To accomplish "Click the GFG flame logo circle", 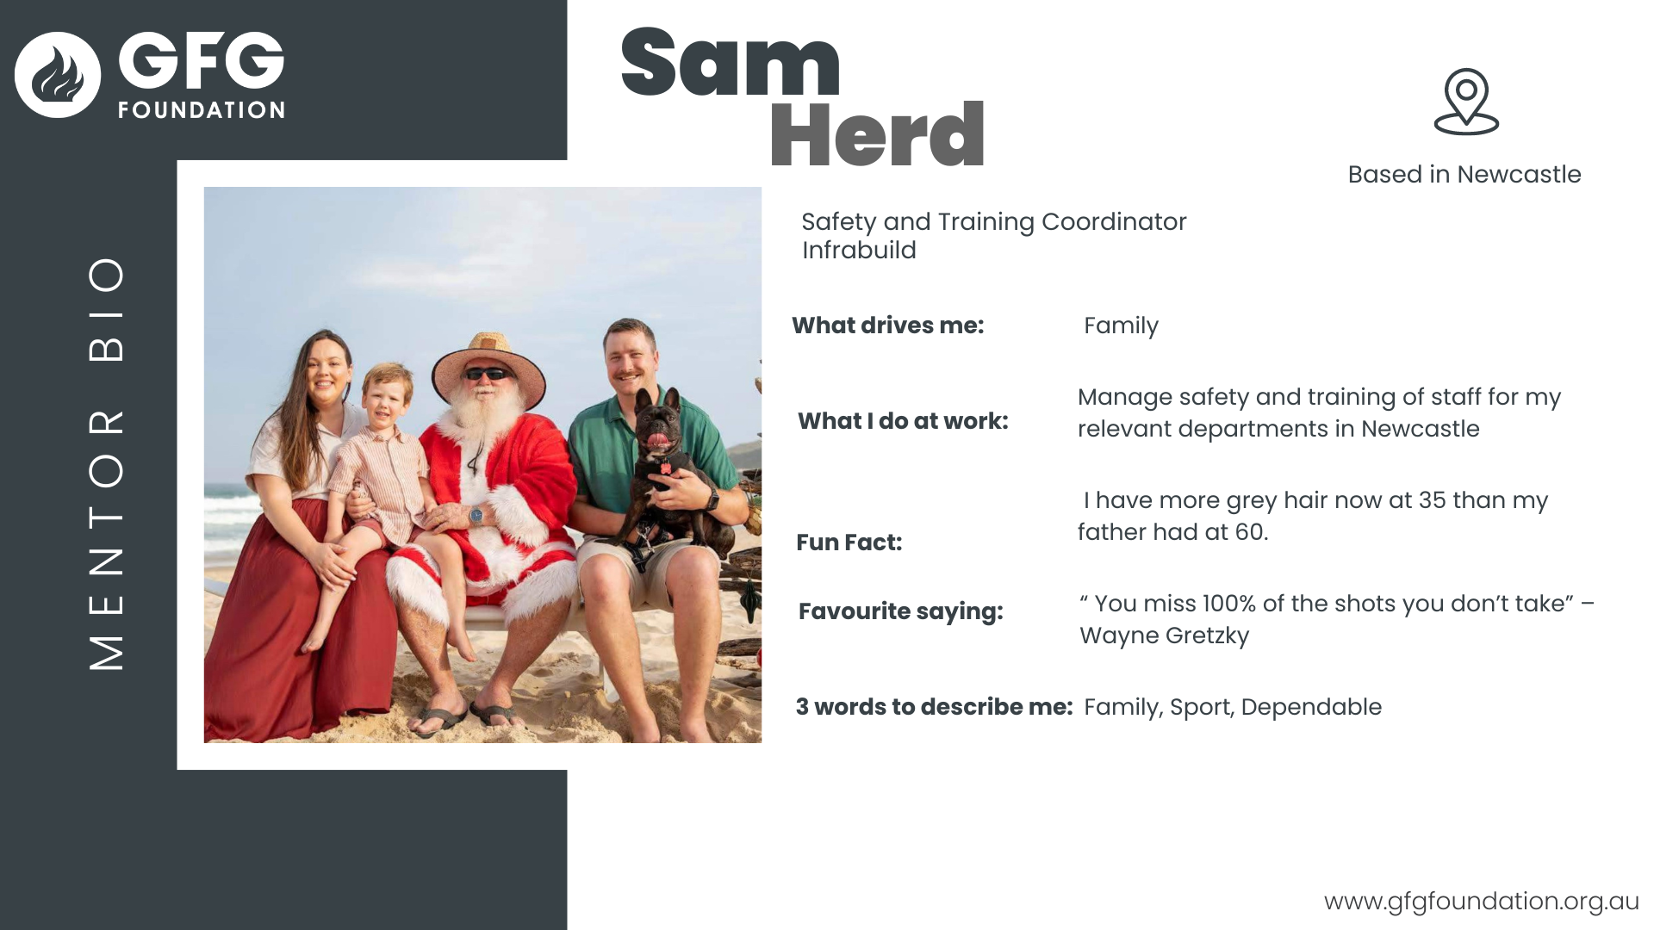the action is (x=58, y=75).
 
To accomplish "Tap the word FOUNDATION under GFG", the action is (x=202, y=110).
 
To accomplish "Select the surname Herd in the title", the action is (x=877, y=134).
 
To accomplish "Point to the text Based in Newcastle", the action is (x=1464, y=174).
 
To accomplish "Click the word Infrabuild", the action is (x=859, y=250).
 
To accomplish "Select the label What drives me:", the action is (x=888, y=325).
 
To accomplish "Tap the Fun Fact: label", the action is (x=849, y=542).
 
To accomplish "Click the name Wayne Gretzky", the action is (x=1164, y=635).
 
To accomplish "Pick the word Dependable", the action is (x=1311, y=707).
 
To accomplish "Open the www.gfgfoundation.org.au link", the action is (x=1482, y=901).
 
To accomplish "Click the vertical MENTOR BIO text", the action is (x=107, y=463).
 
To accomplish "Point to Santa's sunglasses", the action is (x=488, y=374).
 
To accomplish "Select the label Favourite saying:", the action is (x=901, y=611).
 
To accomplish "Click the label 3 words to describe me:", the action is (x=935, y=707).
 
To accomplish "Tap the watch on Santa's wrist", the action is (x=476, y=516).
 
